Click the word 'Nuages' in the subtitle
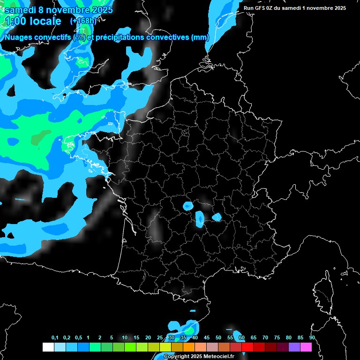pyautogui.click(x=18, y=37)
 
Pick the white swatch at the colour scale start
pyautogui.click(x=48, y=347)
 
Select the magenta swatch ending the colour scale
pyautogui.click(x=306, y=347)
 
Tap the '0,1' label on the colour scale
pyautogui.click(x=55, y=338)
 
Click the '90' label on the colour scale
pyautogui.click(x=312, y=338)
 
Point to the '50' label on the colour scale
pyautogui.click(x=218, y=338)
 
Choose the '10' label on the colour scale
pyautogui.click(x=125, y=338)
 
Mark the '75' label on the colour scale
pyautogui.click(x=277, y=338)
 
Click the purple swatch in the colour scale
pyautogui.click(x=294, y=347)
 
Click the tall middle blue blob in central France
pyautogui.click(x=200, y=217)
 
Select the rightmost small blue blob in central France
pyautogui.click(x=217, y=217)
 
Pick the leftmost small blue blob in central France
pyautogui.click(x=188, y=205)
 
